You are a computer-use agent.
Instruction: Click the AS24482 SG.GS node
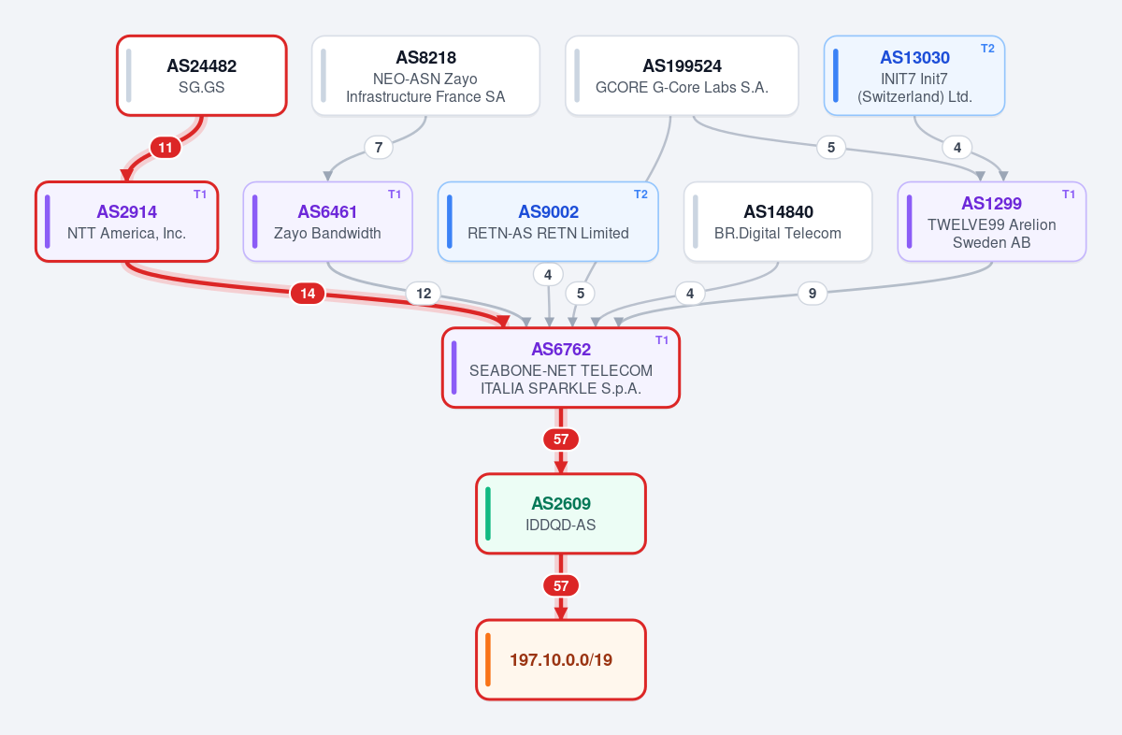click(x=202, y=76)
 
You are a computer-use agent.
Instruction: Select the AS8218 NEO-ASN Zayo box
click(x=425, y=76)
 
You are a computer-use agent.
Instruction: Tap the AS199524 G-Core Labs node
click(x=682, y=76)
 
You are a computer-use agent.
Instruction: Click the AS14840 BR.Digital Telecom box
click(x=778, y=222)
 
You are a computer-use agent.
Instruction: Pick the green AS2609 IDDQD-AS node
click(x=561, y=513)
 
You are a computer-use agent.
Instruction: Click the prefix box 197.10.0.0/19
click(x=561, y=659)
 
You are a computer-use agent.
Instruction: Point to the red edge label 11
click(x=165, y=148)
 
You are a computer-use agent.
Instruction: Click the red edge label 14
click(x=308, y=294)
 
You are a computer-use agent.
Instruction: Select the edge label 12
click(x=424, y=294)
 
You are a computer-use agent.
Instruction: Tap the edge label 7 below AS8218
click(x=379, y=148)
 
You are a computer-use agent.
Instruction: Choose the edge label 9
click(x=813, y=294)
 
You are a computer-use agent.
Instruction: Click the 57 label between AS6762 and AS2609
click(x=561, y=440)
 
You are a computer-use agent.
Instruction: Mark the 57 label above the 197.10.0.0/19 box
click(x=561, y=585)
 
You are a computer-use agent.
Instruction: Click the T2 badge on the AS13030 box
click(x=987, y=49)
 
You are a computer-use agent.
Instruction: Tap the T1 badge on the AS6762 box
click(x=662, y=340)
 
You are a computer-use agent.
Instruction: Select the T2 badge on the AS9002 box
click(x=641, y=195)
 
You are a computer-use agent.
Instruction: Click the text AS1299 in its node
click(x=992, y=204)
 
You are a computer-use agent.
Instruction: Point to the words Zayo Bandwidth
click(x=327, y=234)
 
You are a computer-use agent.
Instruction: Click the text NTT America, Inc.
click(x=127, y=234)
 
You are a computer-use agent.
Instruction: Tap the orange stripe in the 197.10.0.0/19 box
click(x=488, y=659)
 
